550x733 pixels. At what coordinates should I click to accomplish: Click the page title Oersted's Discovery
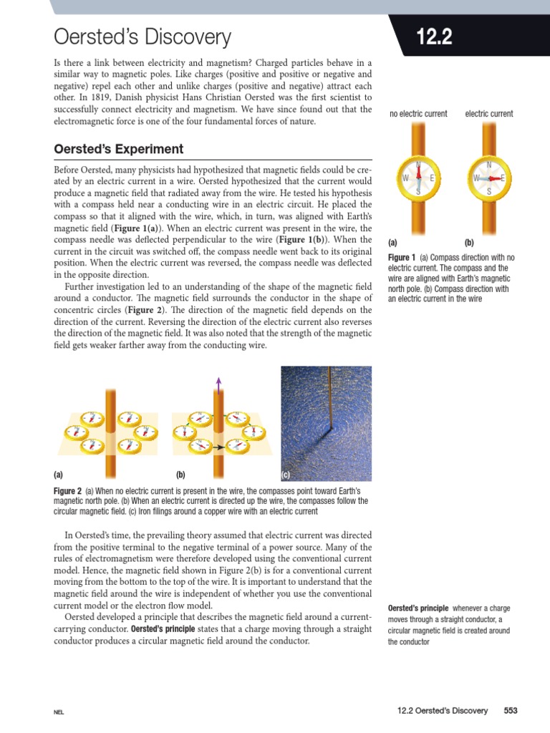pos(143,37)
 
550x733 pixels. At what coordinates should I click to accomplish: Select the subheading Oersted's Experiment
pos(119,149)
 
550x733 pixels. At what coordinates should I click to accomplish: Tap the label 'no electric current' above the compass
pos(418,114)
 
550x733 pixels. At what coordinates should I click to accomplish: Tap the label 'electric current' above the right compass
pos(489,114)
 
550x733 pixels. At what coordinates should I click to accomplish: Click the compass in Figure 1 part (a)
pos(418,177)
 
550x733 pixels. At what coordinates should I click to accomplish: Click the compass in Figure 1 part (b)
pos(489,178)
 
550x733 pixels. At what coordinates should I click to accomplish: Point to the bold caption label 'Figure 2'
pos(69,491)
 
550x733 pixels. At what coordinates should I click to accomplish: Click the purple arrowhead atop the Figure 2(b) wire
pos(218,380)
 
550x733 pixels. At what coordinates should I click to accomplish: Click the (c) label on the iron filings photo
pos(285,475)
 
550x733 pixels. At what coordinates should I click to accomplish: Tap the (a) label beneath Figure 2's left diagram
pos(58,475)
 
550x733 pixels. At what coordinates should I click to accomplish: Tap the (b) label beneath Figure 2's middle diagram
pos(180,475)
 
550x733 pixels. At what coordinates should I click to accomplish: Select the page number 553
pos(510,711)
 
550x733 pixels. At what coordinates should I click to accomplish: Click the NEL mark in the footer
pos(59,712)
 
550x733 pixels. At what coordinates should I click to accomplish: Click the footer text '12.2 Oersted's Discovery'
pos(442,711)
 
